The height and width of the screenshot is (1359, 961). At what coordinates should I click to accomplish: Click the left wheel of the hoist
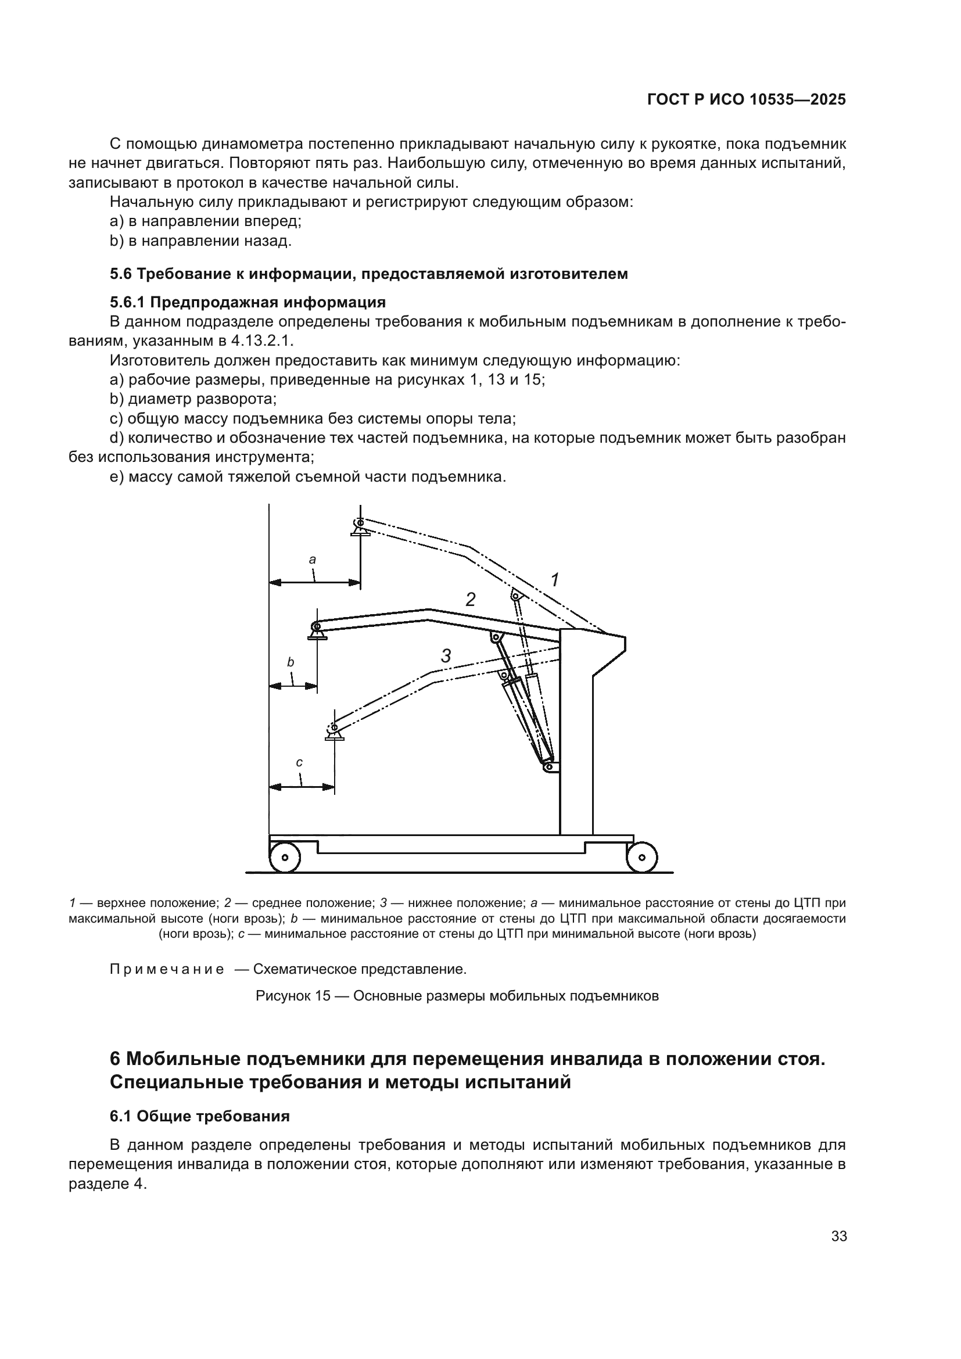(x=285, y=857)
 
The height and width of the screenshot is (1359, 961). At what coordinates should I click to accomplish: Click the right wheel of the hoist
(x=642, y=857)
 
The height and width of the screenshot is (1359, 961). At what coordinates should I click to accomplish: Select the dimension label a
(x=313, y=560)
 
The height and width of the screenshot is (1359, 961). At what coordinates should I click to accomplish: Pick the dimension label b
(x=291, y=662)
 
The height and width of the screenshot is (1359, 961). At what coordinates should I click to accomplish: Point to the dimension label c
(x=299, y=762)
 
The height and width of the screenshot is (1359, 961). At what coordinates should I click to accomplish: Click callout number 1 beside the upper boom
(x=554, y=580)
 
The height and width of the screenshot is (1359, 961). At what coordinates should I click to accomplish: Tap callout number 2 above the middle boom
(x=471, y=600)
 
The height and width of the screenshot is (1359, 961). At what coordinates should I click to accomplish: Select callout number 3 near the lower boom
(x=446, y=656)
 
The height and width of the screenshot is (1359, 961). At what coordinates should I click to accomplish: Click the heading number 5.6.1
(x=128, y=303)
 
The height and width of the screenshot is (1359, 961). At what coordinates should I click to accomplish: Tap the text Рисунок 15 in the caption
(x=292, y=996)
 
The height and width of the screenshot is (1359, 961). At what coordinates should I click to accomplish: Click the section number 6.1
(x=121, y=1116)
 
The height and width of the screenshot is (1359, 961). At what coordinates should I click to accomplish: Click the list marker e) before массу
(x=117, y=476)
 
